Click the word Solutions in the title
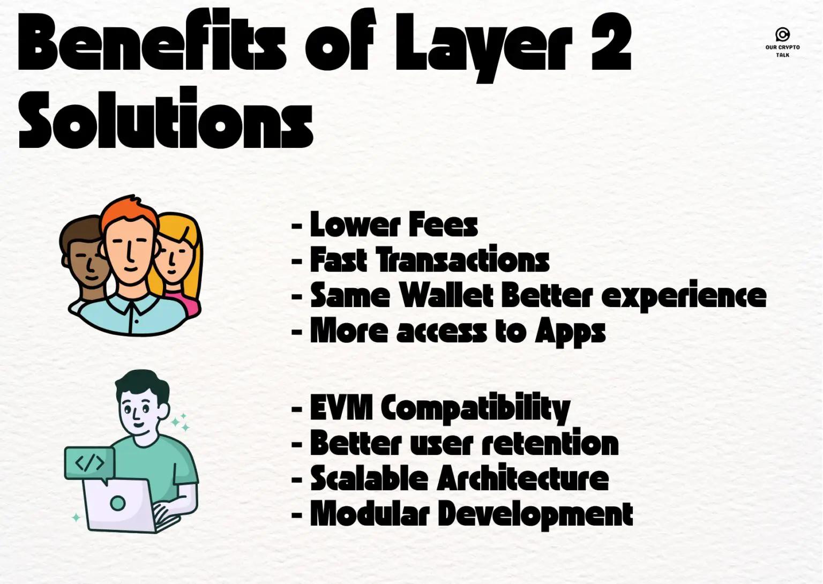(x=166, y=117)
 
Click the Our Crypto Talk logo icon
(x=783, y=34)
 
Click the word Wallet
(x=446, y=295)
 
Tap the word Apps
(x=570, y=332)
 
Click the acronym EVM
(x=341, y=407)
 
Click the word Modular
(x=370, y=513)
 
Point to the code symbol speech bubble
(x=89, y=463)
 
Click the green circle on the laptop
(x=117, y=503)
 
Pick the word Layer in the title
(x=484, y=46)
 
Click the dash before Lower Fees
(x=297, y=225)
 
